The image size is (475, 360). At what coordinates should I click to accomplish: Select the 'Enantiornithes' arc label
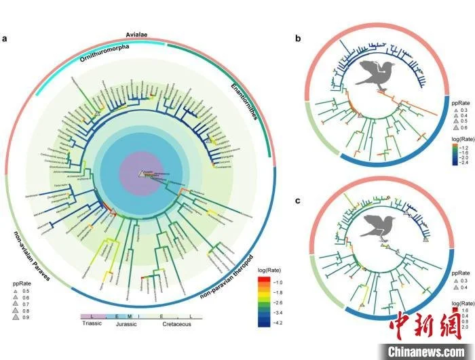tap(236, 104)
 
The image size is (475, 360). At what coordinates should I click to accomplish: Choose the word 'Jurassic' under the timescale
tap(126, 324)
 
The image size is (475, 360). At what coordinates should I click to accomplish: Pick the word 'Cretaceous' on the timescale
tap(176, 324)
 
